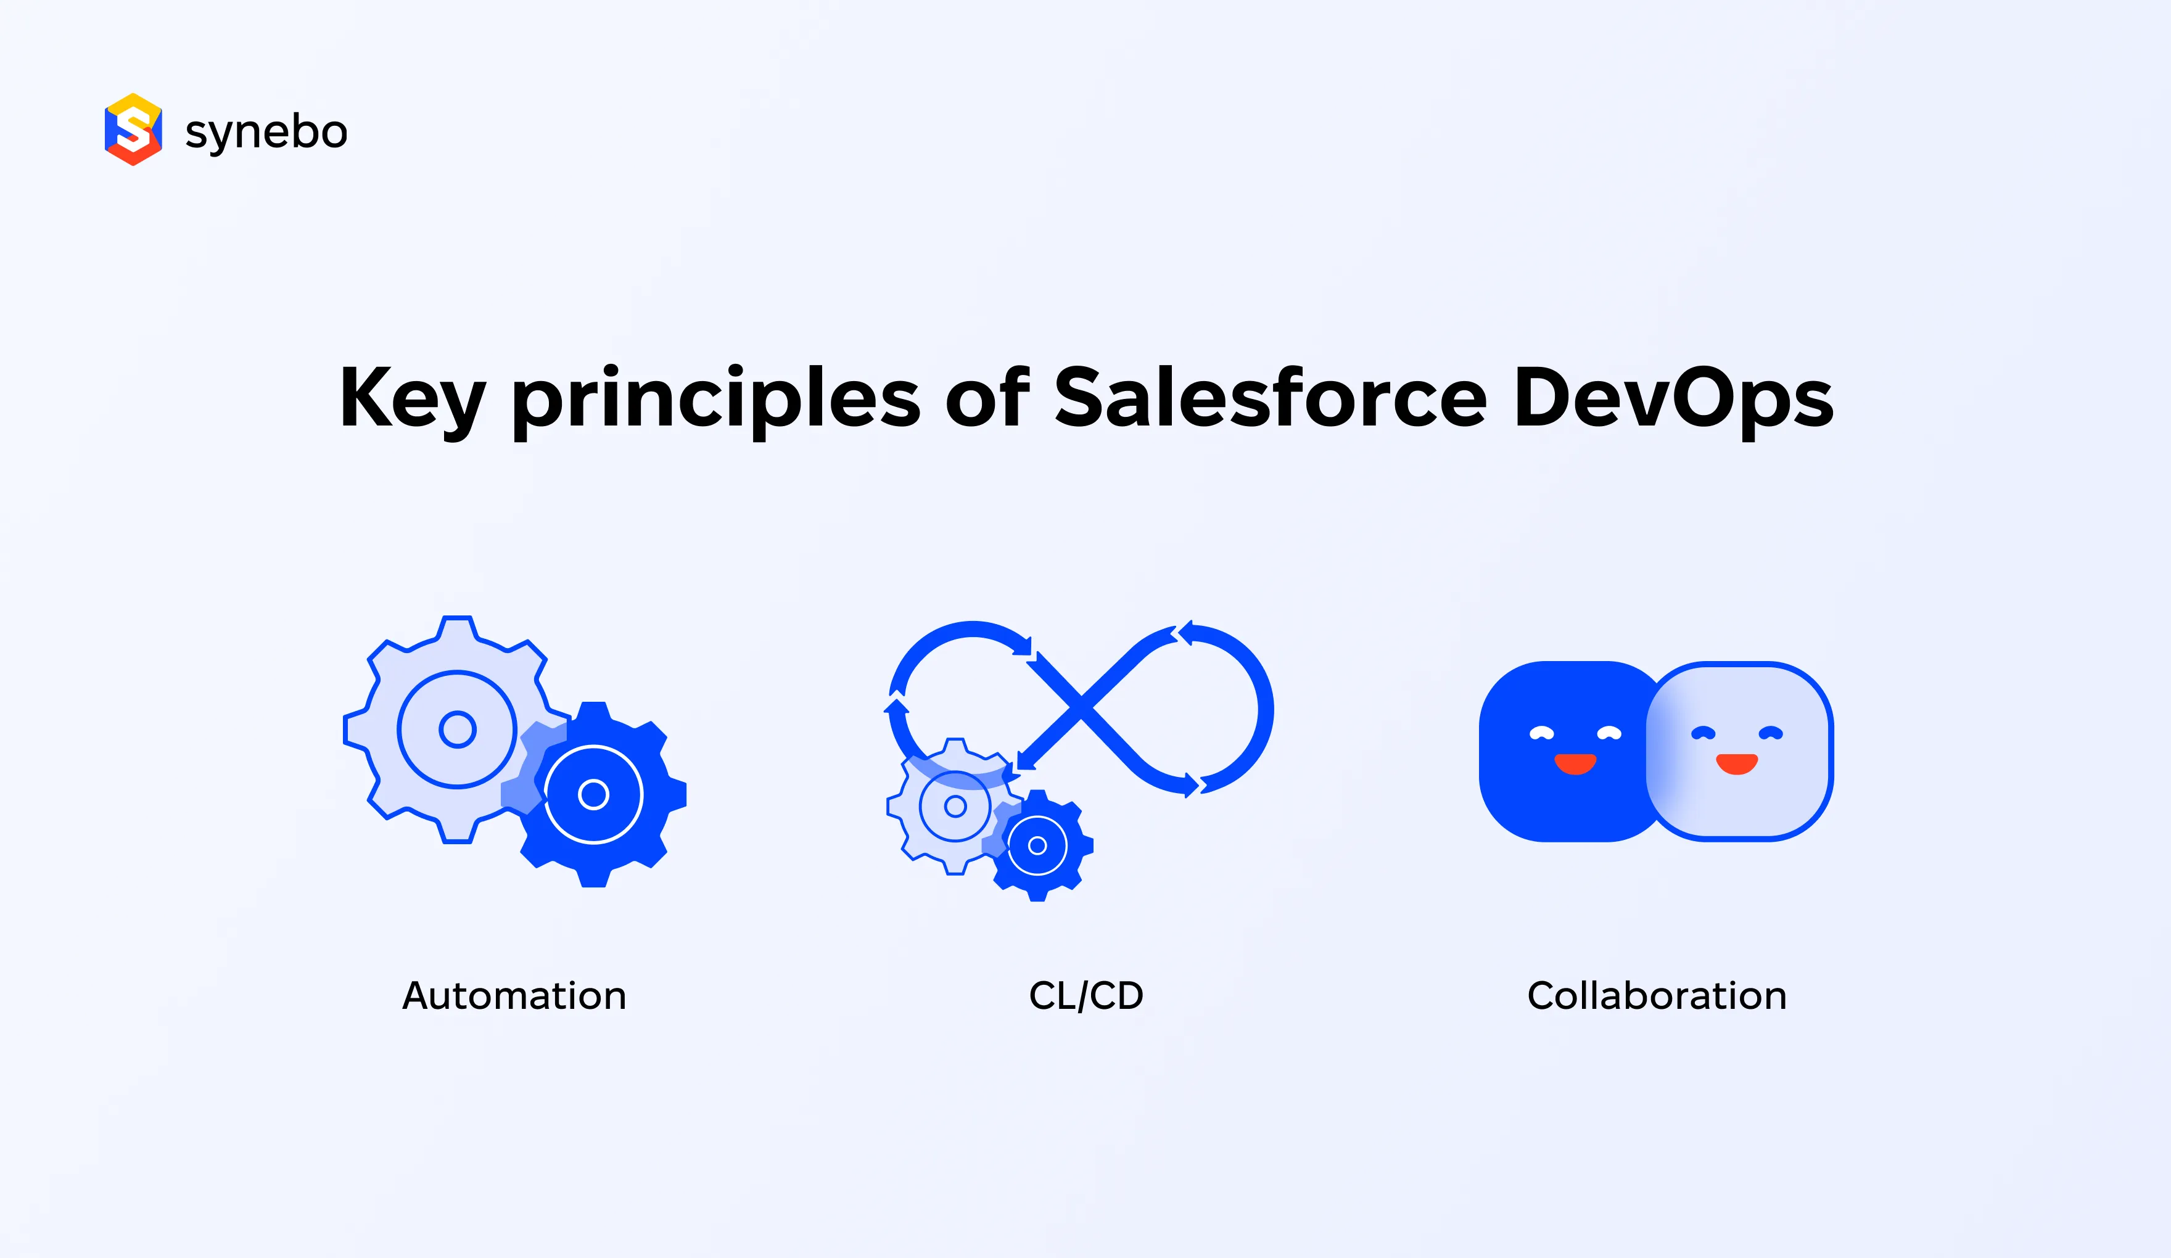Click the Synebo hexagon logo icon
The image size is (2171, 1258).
tap(133, 129)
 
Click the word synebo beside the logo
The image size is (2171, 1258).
tap(266, 132)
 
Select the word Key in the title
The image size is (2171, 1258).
tap(412, 398)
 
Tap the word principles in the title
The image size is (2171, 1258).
tap(716, 398)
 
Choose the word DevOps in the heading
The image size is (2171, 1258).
tap(1673, 398)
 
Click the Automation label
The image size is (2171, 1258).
tap(514, 996)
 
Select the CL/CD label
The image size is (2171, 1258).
tap(1085, 996)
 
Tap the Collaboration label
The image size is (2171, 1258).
tap(1657, 996)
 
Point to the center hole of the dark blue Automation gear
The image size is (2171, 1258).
tap(593, 794)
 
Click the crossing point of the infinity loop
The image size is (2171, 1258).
tap(1081, 709)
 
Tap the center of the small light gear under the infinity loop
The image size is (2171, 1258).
tap(955, 807)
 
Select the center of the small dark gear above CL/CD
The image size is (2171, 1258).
tap(1037, 846)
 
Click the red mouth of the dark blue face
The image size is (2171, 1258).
tap(1575, 763)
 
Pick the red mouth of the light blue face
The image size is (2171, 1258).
tap(1737, 763)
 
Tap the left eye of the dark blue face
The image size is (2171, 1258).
tap(1541, 733)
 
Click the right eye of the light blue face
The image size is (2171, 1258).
tap(1770, 733)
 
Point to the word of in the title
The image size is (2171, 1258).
tap(987, 398)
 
